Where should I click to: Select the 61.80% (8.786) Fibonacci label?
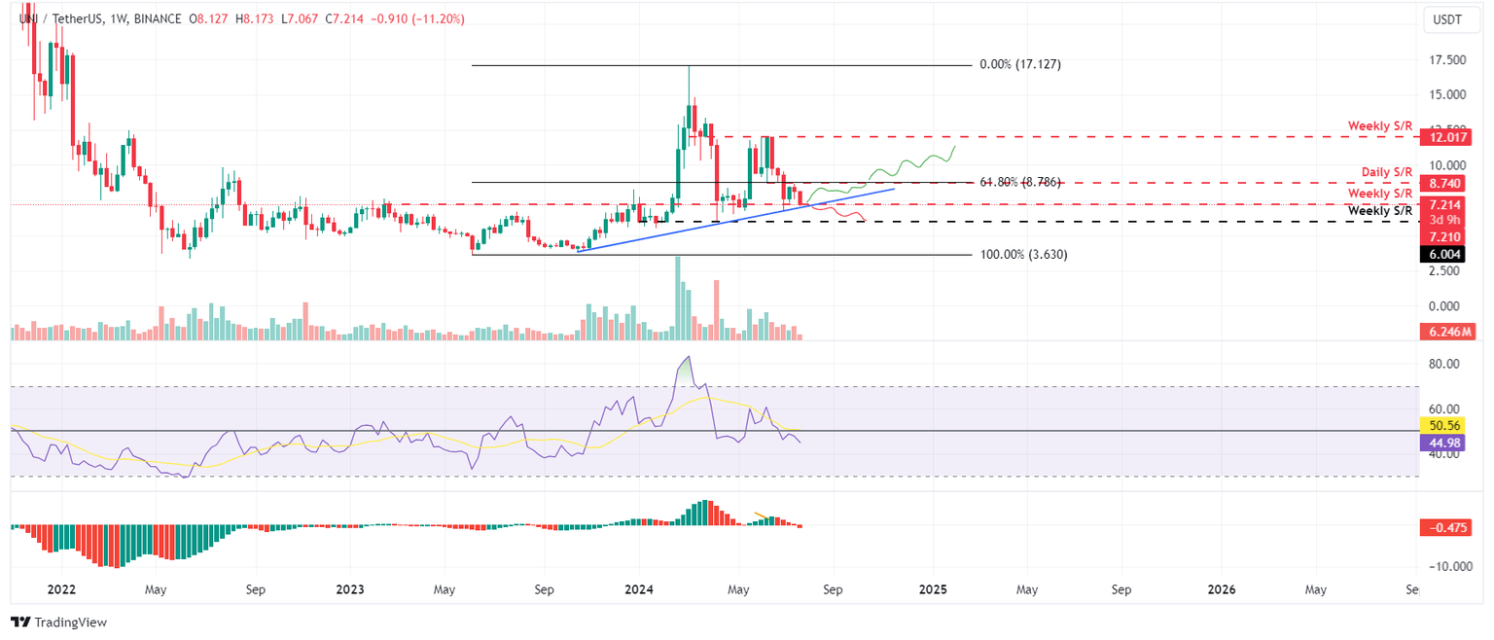(1018, 182)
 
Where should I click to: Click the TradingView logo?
(58, 622)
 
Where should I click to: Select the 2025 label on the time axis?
(932, 589)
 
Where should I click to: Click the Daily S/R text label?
(1387, 172)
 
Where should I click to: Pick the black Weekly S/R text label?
(1380, 211)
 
